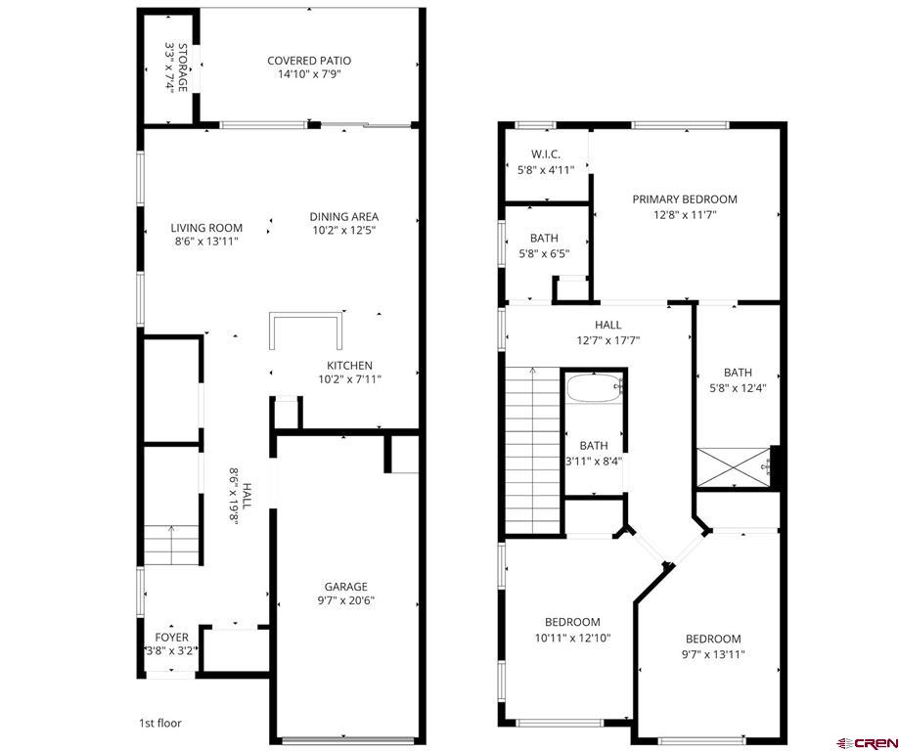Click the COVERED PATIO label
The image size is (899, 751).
(309, 61)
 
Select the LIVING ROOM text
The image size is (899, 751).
(206, 228)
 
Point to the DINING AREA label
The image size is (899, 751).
(344, 217)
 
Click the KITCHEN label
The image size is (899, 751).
(349, 366)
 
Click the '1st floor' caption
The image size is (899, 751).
(159, 724)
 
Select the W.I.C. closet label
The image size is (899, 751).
(546, 155)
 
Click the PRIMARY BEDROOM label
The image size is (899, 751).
(685, 199)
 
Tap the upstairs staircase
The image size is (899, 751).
(532, 450)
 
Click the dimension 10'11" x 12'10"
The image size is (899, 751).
(572, 638)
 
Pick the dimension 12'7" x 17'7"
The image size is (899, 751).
(607, 340)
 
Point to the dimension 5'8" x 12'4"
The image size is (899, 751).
(739, 387)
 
